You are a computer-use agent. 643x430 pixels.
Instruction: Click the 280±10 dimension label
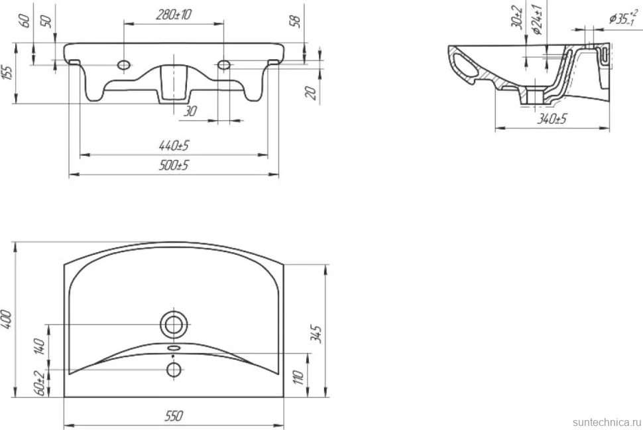click(174, 15)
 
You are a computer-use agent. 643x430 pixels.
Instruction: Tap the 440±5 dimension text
click(174, 145)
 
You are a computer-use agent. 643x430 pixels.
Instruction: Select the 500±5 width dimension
click(174, 165)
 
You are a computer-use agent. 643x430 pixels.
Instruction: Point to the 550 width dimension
click(174, 415)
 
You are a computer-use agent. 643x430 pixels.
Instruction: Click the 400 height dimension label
click(8, 320)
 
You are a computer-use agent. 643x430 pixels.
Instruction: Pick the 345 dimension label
click(316, 334)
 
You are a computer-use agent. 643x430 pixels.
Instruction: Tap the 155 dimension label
click(8, 72)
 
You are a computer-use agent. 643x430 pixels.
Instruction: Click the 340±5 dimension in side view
click(552, 119)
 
